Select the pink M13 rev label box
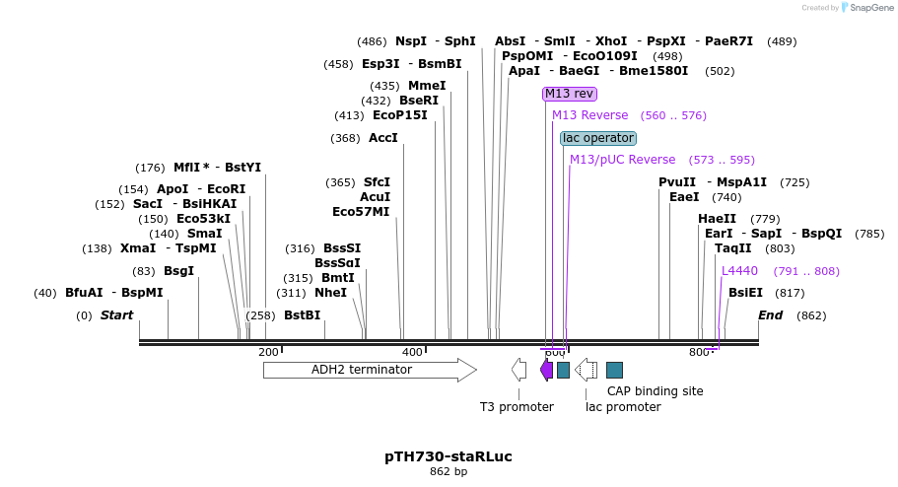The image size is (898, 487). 570,94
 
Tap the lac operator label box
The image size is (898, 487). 598,138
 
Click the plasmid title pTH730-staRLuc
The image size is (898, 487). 449,456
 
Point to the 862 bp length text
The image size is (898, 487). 449,472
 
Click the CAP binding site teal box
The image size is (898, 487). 614,370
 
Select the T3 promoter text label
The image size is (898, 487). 517,407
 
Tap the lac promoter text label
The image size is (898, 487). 623,407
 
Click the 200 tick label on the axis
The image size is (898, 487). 268,352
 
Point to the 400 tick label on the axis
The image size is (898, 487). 412,352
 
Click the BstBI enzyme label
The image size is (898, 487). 302,315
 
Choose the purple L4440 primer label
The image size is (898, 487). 739,271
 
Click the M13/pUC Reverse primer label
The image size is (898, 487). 623,160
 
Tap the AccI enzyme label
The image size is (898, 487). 382,138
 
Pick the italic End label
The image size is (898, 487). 770,315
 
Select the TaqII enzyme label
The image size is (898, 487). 732,248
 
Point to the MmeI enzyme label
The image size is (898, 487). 427,86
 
